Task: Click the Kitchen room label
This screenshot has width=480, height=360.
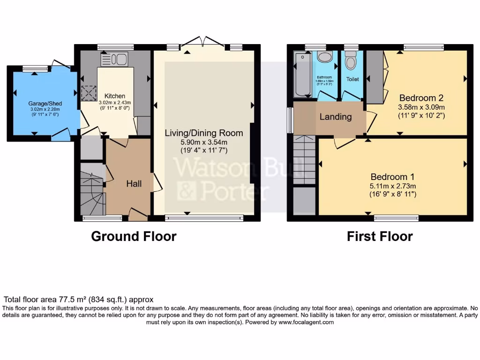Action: (115, 96)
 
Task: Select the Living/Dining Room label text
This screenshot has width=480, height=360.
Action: (204, 133)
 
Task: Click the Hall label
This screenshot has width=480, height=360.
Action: (134, 184)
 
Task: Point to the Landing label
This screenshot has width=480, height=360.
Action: (336, 117)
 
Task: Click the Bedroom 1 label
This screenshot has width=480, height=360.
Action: (392, 177)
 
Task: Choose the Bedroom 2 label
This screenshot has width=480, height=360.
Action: (421, 98)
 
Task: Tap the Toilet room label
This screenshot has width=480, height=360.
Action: (352, 79)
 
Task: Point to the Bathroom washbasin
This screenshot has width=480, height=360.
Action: (324, 58)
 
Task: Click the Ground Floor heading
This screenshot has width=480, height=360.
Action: (134, 236)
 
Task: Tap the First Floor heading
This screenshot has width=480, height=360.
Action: (380, 236)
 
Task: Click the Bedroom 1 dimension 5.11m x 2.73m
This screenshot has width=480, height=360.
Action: (392, 186)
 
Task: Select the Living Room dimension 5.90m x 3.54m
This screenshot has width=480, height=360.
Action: (204, 142)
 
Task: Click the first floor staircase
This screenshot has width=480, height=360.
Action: (304, 159)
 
